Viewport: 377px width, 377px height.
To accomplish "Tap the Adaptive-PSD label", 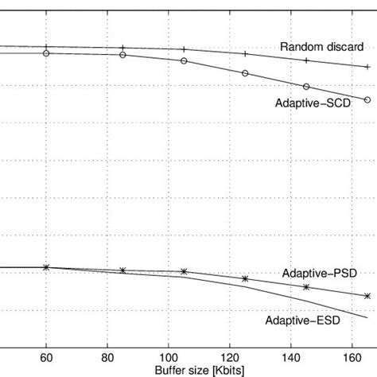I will click(x=319, y=273).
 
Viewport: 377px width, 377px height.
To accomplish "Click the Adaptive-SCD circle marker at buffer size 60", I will click(x=46, y=53).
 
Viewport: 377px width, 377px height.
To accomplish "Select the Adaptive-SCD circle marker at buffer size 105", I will click(x=184, y=60).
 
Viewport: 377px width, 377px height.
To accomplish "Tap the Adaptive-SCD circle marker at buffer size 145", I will click(x=306, y=87).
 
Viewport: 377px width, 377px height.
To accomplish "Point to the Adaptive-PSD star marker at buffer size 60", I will click(x=46, y=267).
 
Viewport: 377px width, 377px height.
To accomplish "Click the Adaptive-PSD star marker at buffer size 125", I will click(x=245, y=279).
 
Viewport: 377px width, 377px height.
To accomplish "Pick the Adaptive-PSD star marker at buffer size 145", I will click(x=306, y=287).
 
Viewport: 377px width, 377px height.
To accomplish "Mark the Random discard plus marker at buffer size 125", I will click(x=245, y=54).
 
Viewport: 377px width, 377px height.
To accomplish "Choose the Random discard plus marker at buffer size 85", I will click(x=122, y=48).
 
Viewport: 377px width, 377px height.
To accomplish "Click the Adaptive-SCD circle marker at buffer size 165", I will click(x=367, y=99).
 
